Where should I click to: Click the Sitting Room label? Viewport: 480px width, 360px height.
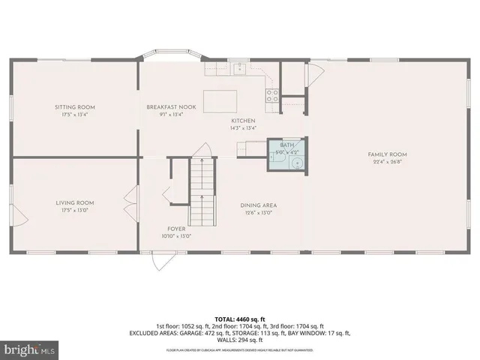click(x=75, y=107)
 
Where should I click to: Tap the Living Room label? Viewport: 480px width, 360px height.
click(x=75, y=202)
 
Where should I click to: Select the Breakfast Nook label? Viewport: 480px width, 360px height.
click(x=171, y=107)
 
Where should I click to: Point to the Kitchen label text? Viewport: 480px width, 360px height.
click(x=243, y=121)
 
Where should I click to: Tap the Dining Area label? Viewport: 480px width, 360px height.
click(x=258, y=205)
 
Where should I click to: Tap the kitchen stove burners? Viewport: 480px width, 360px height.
click(x=272, y=94)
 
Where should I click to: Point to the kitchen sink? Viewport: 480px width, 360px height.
click(x=238, y=70)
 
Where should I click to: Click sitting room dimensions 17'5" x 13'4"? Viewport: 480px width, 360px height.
click(x=75, y=115)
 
